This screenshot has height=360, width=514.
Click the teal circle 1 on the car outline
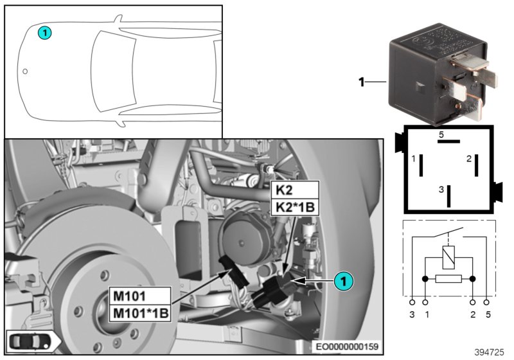tap(44, 31)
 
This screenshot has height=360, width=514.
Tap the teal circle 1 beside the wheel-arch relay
tap(344, 280)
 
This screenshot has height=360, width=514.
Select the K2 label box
tap(295, 190)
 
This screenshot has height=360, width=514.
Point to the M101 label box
tap(141, 296)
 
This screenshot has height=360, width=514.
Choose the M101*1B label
tap(141, 312)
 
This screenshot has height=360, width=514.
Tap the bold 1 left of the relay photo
tap(361, 82)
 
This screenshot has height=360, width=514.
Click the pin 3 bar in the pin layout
tap(449, 195)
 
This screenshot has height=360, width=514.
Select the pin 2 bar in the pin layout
tap(476, 165)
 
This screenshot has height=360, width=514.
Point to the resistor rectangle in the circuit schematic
tap(448, 280)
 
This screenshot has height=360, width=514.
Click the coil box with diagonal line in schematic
tap(448, 258)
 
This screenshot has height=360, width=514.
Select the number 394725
tap(490, 352)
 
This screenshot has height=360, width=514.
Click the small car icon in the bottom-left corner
tap(31, 341)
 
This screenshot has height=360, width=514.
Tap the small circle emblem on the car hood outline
tap(25, 71)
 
